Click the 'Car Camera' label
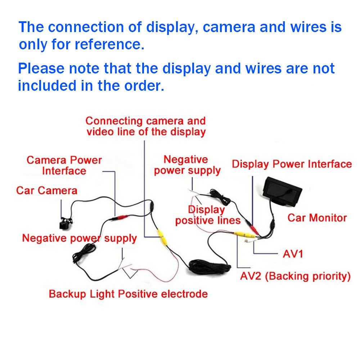point(46,190)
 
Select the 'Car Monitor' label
point(317,218)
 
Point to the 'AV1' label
point(293,254)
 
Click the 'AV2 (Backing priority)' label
point(295,276)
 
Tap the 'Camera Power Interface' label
point(64,165)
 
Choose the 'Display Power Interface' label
point(292,165)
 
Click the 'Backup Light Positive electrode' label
point(128,294)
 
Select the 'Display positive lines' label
point(207,215)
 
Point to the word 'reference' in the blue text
point(108,45)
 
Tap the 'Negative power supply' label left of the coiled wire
point(79,238)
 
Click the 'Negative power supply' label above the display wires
point(187,165)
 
